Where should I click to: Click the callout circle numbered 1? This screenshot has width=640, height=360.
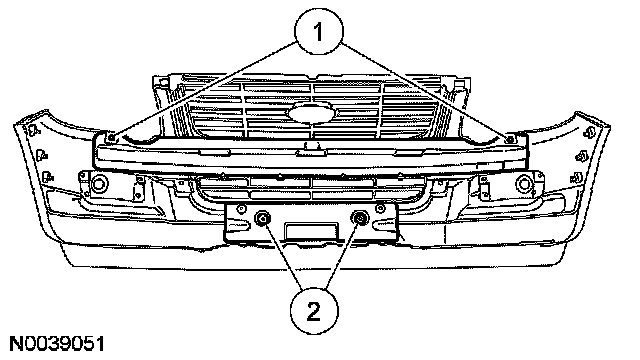coord(319,31)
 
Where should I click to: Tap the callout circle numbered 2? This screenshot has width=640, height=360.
coord(314,312)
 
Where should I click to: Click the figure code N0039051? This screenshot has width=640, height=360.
coord(57,344)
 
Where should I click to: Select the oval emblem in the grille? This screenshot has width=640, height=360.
coord(312,113)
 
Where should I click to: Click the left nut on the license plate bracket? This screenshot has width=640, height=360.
coord(262,219)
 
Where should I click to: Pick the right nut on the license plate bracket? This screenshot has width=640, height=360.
coord(360,219)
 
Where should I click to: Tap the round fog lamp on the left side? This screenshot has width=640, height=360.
coord(98,184)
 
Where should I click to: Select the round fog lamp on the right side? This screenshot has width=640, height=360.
coord(524,184)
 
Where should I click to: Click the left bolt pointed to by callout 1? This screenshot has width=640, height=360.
coord(112,138)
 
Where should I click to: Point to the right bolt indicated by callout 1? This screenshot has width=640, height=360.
coord(509,139)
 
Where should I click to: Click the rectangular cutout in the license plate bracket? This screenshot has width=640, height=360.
coord(311,230)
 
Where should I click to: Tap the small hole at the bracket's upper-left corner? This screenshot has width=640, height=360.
coord(242,209)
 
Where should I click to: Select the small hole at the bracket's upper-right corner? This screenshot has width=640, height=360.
coord(380,209)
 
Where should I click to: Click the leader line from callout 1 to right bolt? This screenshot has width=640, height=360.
coord(424,90)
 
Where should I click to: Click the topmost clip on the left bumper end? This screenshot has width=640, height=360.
coord(33,131)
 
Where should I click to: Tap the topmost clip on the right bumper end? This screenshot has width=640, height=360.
coord(588,132)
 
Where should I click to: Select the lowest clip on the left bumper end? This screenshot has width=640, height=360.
coord(47,176)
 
